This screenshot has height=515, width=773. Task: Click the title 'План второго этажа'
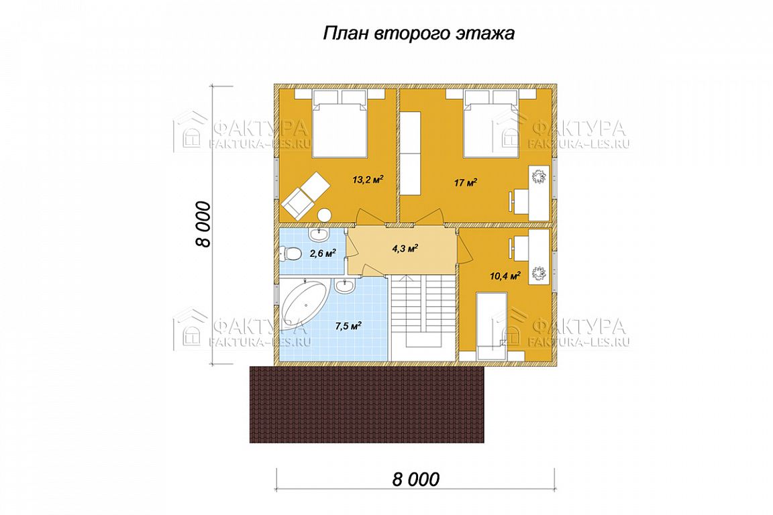click(419, 34)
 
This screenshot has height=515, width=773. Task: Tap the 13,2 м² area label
click(368, 180)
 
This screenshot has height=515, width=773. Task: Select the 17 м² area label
click(466, 183)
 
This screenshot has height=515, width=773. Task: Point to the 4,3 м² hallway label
click(405, 247)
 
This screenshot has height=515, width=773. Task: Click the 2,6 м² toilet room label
click(323, 253)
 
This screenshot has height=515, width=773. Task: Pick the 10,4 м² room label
click(505, 276)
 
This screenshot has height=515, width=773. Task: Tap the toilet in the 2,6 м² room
click(291, 254)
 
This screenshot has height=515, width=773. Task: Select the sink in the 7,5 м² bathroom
click(344, 286)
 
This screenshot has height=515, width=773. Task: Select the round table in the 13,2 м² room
click(324, 215)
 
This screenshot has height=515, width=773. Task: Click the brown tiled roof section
click(367, 404)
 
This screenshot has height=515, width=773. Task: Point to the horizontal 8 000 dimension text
click(415, 479)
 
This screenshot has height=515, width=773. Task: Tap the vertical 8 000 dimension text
click(203, 224)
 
